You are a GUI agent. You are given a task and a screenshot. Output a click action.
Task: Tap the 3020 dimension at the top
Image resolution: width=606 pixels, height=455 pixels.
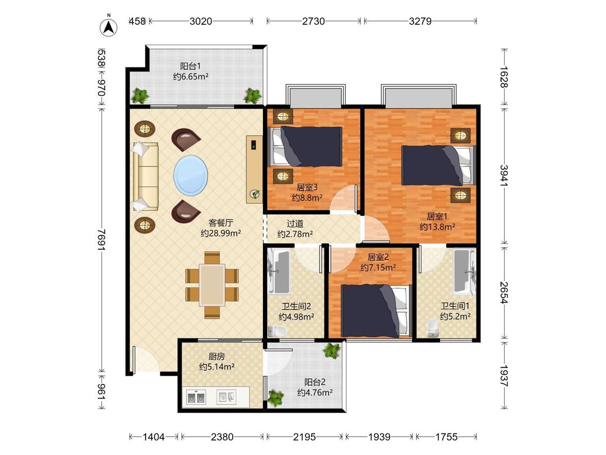pyautogui.click(x=200, y=21)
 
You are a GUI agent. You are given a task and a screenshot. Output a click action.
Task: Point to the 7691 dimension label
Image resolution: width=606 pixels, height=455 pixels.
pyautogui.click(x=102, y=240)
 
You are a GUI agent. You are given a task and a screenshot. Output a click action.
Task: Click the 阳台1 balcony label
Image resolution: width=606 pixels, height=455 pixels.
pyautogui.click(x=191, y=66)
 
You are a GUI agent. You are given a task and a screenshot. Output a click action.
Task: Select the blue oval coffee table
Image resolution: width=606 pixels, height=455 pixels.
pyautogui.click(x=191, y=175)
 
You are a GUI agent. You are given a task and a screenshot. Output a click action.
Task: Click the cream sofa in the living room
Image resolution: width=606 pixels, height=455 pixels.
pyautogui.click(x=145, y=176)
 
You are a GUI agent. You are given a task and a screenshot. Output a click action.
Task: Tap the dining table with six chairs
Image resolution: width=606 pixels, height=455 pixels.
pyautogui.click(x=212, y=285)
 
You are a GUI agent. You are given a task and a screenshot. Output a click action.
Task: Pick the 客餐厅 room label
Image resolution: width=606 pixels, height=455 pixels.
pyautogui.click(x=221, y=223)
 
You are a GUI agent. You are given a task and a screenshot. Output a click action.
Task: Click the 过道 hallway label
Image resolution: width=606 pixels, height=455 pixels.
pyautogui.click(x=295, y=224)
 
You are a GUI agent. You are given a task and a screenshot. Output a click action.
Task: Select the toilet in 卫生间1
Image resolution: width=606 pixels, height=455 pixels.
pyautogui.click(x=433, y=328)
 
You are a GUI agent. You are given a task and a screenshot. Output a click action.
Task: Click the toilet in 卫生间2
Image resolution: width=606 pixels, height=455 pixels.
pyautogui.click(x=277, y=331)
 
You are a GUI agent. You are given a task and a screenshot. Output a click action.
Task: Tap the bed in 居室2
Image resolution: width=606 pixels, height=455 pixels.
pyautogui.click(x=375, y=311)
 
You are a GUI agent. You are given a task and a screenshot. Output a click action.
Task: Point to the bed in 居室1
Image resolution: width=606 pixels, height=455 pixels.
pyautogui.click(x=438, y=165)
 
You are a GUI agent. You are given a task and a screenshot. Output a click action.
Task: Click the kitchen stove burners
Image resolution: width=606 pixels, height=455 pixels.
pyautogui.click(x=196, y=397)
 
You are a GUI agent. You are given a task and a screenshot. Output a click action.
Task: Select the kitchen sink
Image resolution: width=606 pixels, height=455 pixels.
pyautogui.click(x=226, y=397)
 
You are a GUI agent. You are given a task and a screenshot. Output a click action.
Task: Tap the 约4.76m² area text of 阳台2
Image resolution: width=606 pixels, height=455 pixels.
pyautogui.click(x=315, y=392)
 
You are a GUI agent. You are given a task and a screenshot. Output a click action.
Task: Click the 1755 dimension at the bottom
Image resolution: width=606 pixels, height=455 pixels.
pyautogui.click(x=447, y=437)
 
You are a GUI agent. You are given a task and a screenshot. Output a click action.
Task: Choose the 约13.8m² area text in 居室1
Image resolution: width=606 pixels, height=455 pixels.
pyautogui.click(x=437, y=227)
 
